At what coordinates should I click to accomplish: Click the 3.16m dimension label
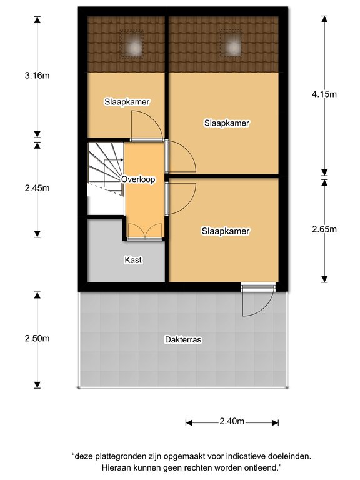(37, 75)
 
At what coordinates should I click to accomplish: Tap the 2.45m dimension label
(37, 188)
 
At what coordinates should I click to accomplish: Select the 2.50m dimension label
(37, 338)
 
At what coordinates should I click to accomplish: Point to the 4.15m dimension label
(324, 94)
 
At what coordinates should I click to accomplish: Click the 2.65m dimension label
(324, 229)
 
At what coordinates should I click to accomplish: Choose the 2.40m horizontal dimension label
(232, 421)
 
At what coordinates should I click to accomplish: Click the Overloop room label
(138, 179)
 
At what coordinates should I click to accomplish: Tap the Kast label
(133, 260)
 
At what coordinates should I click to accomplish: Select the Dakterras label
(183, 340)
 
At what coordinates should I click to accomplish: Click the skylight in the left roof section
(132, 44)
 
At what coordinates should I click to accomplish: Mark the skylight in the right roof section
(231, 44)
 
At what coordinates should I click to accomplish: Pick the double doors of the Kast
(145, 232)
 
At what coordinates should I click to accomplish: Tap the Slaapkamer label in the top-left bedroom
(127, 102)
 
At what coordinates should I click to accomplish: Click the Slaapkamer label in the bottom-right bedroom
(226, 231)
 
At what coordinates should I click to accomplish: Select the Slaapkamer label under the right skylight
(227, 123)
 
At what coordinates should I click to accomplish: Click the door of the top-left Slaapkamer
(147, 126)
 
